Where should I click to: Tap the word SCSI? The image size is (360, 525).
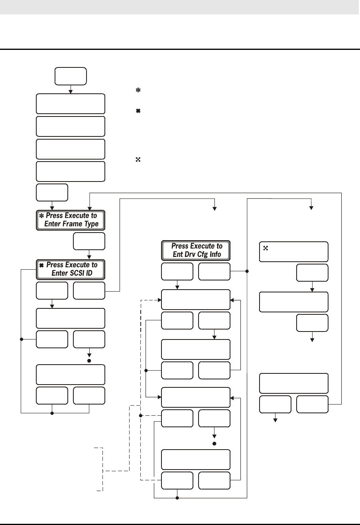pyautogui.click(x=73, y=273)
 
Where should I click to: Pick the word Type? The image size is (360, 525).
pyautogui.click(x=90, y=224)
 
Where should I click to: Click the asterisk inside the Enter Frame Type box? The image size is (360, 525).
pyautogui.click(x=41, y=216)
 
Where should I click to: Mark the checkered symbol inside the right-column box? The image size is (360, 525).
pyautogui.click(x=266, y=248)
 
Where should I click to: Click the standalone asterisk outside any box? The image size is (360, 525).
pyautogui.click(x=138, y=91)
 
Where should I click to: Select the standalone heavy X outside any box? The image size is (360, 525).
pyautogui.click(x=138, y=111)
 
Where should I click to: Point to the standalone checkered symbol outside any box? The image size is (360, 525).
pyautogui.click(x=138, y=160)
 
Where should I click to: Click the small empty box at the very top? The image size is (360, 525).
pyautogui.click(x=71, y=76)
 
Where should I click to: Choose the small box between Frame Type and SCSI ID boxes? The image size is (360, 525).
pyautogui.click(x=89, y=241)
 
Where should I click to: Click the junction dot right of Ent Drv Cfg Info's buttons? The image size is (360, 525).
pyautogui.click(x=247, y=271)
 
